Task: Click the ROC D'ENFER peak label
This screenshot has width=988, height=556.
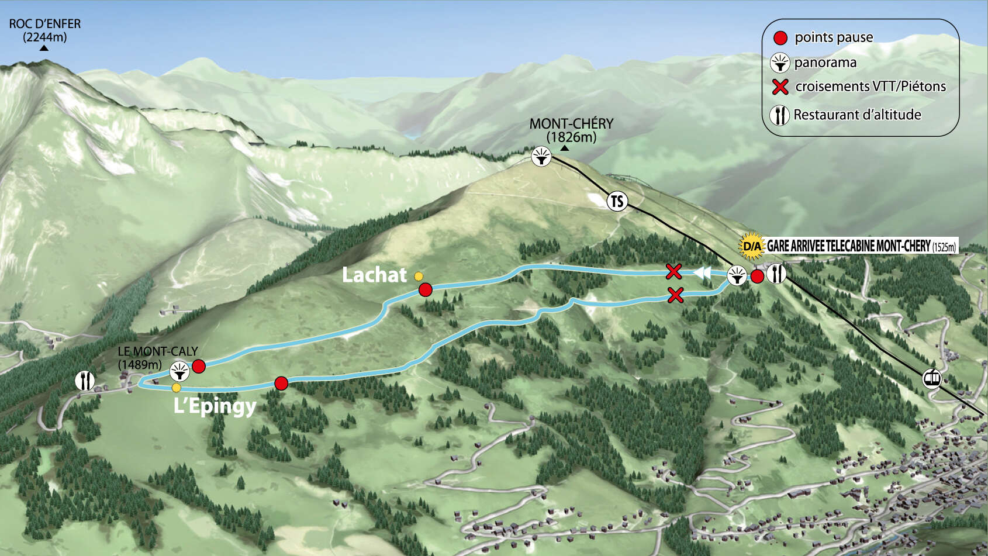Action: point(45,30)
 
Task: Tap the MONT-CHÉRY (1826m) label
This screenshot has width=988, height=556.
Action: point(571,130)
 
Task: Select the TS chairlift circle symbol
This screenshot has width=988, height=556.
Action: point(617,201)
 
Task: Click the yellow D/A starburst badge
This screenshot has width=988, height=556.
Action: point(752,246)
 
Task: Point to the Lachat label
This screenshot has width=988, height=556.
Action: point(374,275)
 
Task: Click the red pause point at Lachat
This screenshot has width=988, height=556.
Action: point(426,289)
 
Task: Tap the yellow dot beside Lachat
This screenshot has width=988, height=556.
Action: point(419,276)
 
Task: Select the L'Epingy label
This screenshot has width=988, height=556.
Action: point(215,406)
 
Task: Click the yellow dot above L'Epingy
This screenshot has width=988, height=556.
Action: point(177,388)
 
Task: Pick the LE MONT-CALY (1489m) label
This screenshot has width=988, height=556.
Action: point(157,358)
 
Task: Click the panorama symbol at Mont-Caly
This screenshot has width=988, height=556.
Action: point(179,371)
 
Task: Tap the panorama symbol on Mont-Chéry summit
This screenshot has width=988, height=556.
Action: point(541,157)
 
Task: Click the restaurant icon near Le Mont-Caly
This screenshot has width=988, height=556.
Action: point(85,381)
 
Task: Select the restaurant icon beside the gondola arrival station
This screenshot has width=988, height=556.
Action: point(776,274)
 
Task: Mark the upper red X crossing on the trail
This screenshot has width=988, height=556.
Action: point(674,271)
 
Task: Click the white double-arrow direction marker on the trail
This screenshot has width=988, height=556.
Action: point(702,272)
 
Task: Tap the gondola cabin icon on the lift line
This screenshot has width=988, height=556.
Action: point(932,378)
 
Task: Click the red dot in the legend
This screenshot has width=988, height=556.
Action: point(780,38)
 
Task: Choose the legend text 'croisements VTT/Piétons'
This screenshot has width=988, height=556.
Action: point(870,87)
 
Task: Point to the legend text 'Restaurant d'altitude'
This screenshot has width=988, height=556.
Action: point(857,115)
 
